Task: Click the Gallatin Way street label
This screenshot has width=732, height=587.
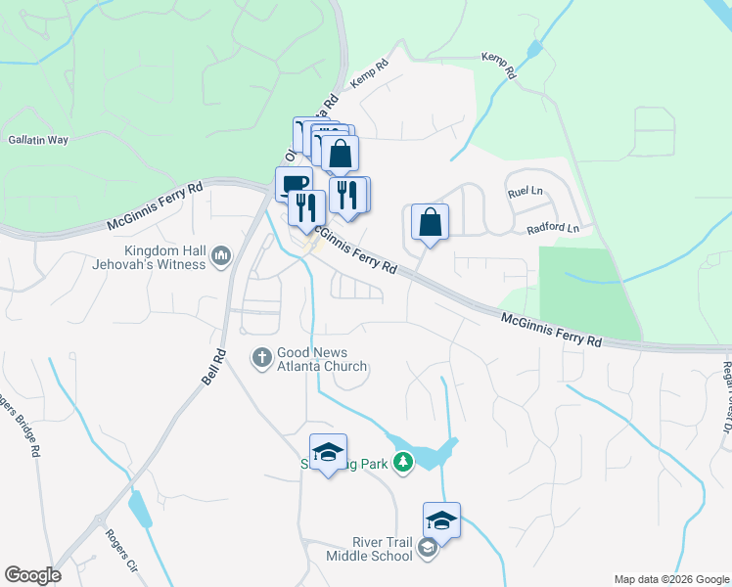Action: click(38, 140)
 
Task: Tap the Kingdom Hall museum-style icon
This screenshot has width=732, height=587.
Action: click(220, 257)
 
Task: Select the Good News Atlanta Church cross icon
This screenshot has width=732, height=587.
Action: click(261, 357)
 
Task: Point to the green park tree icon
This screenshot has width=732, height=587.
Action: click(402, 461)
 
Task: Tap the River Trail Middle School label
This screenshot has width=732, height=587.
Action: click(369, 549)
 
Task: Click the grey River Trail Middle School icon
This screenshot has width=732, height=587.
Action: click(427, 549)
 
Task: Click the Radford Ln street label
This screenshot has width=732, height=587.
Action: click(553, 229)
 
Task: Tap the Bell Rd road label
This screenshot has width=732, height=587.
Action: click(214, 367)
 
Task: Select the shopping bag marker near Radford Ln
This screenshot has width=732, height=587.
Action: click(430, 222)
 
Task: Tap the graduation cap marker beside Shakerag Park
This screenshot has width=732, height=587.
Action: click(328, 452)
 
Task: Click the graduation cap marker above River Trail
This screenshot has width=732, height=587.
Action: click(441, 520)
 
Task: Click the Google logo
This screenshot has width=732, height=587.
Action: click(31, 575)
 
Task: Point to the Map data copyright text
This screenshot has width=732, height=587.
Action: click(670, 579)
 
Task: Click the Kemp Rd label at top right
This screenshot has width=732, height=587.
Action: click(497, 66)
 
